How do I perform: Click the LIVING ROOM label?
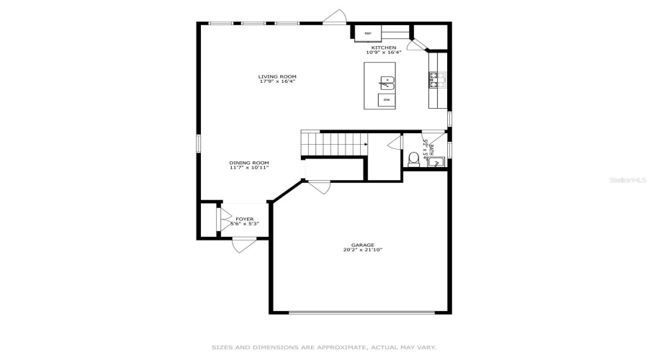278,76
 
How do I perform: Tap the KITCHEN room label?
383,48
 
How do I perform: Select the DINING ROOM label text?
249,163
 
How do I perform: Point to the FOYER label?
244,219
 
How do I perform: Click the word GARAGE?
363,245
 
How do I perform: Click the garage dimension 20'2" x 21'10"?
363,251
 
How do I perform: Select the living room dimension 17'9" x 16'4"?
278,81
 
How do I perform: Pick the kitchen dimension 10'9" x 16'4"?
383,53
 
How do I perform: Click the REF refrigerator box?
367,33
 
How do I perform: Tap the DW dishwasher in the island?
387,99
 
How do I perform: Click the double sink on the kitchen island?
387,83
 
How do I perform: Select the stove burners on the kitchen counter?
436,79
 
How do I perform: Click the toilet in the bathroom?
413,159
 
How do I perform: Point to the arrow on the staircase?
365,144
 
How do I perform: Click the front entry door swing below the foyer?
243,246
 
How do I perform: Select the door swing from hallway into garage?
319,186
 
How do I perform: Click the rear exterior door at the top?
335,17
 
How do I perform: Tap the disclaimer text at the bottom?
323,347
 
